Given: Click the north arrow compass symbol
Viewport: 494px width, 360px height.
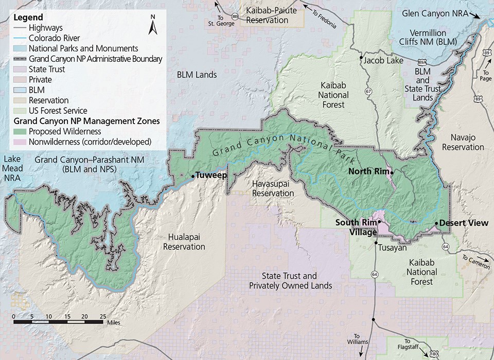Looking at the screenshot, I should [152, 25].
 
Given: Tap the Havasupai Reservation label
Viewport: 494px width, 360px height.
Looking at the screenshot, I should [273, 188].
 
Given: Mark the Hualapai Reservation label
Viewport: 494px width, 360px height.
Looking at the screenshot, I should [184, 242].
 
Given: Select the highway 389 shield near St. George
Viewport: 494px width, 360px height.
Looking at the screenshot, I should [235, 17].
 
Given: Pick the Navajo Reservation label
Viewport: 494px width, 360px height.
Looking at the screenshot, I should [463, 142].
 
